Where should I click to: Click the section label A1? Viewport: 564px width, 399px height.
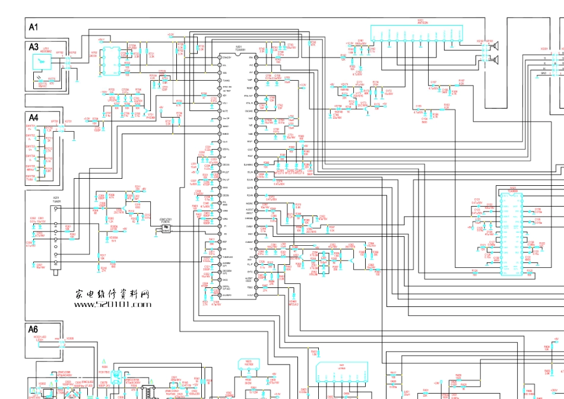click(x=34, y=27)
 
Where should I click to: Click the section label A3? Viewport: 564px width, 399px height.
click(x=34, y=47)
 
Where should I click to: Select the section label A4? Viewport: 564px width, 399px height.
click(x=34, y=118)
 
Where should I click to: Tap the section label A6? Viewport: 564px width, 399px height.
click(x=34, y=329)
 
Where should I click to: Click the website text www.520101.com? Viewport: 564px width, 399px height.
click(x=113, y=305)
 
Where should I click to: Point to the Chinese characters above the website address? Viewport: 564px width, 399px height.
click(x=112, y=294)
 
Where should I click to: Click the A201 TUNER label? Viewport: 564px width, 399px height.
click(x=56, y=199)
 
